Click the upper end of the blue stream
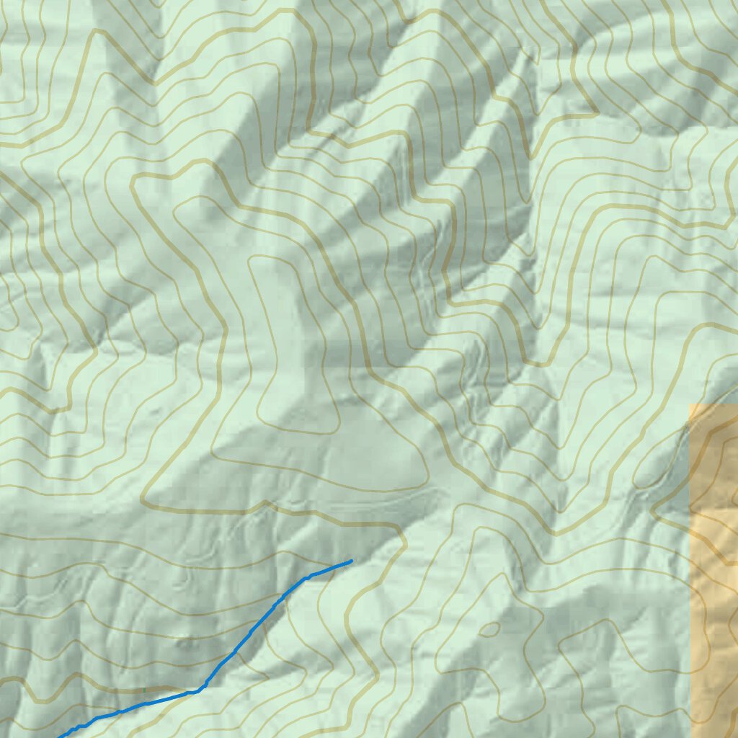pyautogui.click(x=351, y=561)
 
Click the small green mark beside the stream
pyautogui.click(x=144, y=690)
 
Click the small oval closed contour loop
pyautogui.click(x=489, y=629)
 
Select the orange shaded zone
pyautogui.click(x=713, y=577)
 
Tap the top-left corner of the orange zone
pyautogui.click(x=690, y=404)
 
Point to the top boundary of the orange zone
pyautogui.click(x=713, y=404)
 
